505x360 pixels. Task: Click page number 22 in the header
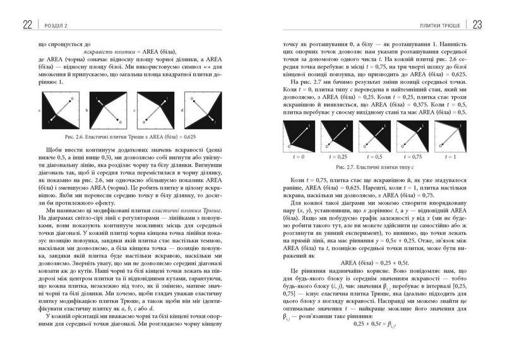pyautogui.click(x=27, y=25)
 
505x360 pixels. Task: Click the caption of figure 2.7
pyautogui.click(x=376, y=167)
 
